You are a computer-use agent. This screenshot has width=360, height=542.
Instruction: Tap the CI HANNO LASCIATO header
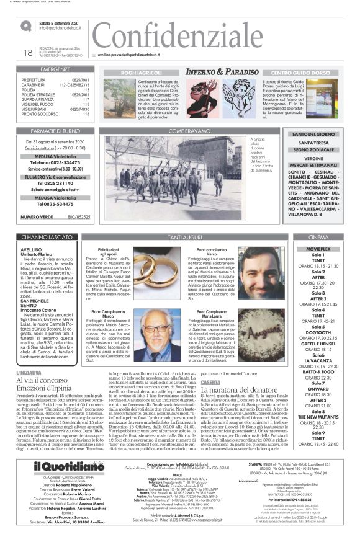pos(55,238)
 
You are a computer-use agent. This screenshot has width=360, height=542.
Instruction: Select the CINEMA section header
pos(318,238)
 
